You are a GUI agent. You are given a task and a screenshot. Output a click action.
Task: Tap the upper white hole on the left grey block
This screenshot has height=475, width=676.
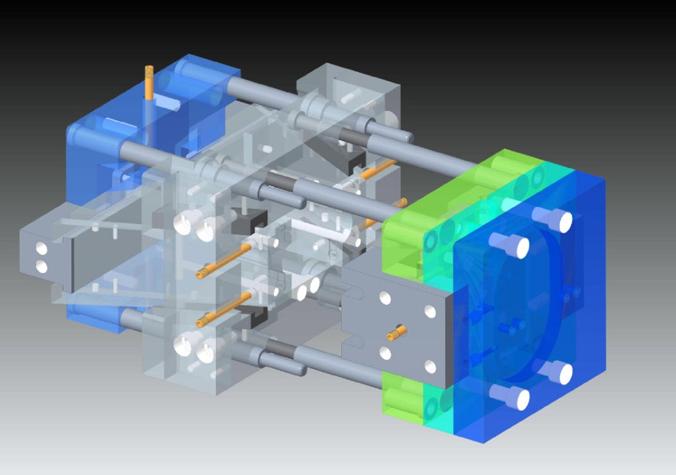(x=41, y=249)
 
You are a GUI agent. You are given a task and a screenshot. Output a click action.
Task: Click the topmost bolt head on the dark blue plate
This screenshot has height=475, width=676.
(x=565, y=222)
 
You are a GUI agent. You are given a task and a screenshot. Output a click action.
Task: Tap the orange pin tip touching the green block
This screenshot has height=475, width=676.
(x=402, y=203)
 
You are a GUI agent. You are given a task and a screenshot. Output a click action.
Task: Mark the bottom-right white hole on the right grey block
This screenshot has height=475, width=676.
(x=430, y=367)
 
